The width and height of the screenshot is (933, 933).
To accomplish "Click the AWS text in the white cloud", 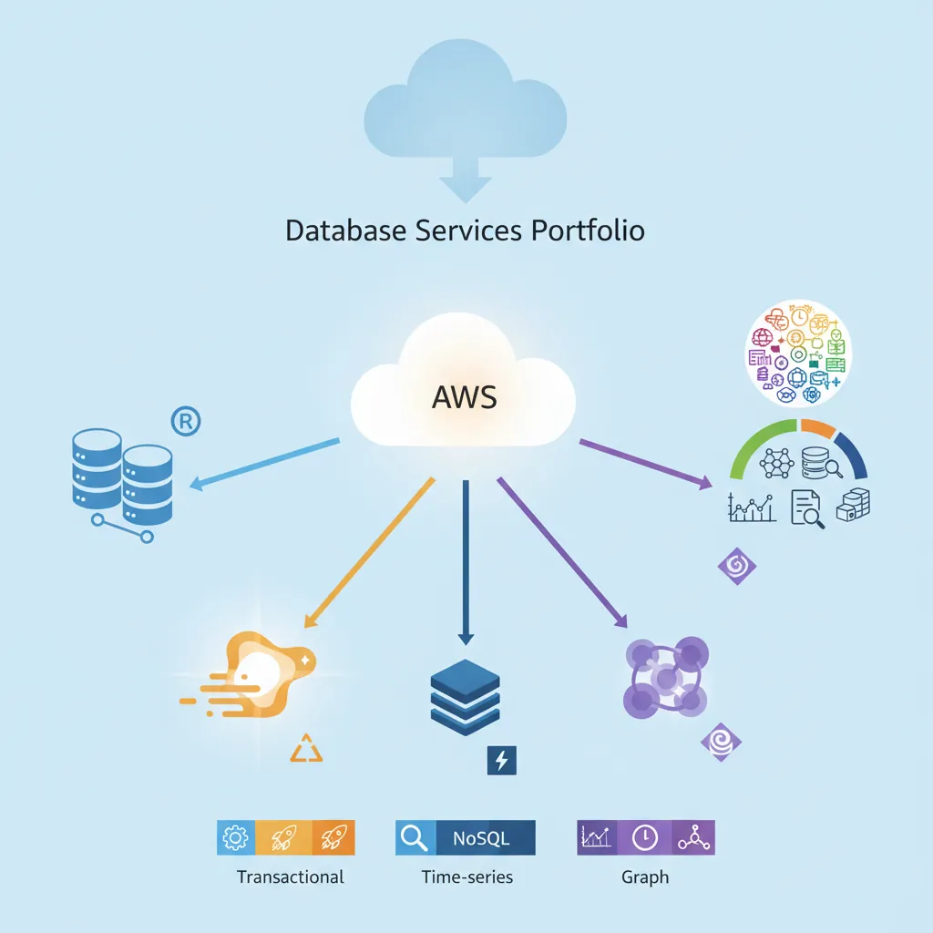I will [466, 397].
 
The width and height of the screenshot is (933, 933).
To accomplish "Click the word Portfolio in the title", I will [587, 230].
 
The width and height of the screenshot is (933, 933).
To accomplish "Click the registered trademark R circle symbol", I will [186, 421].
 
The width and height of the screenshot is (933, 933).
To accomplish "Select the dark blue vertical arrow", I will [466, 560].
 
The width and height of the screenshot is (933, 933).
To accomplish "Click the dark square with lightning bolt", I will [502, 760].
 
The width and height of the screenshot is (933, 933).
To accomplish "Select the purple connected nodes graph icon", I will [665, 679].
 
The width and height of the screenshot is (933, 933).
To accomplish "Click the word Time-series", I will [466, 877].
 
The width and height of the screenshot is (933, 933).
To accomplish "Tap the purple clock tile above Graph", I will [646, 837].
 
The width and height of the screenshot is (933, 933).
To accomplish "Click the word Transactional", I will [290, 877].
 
